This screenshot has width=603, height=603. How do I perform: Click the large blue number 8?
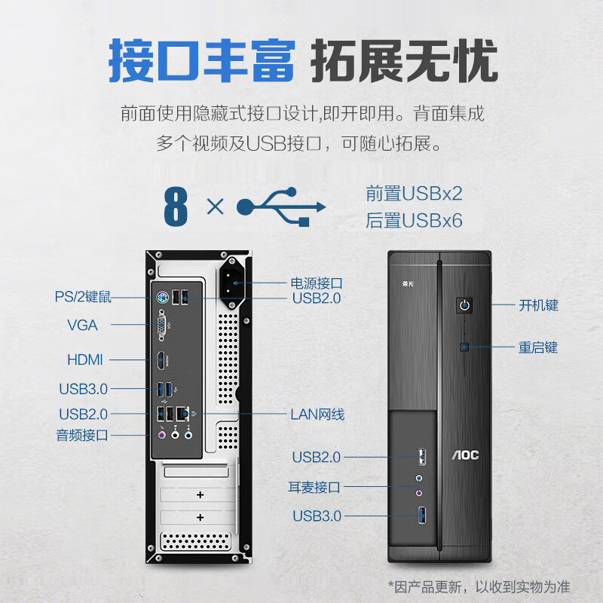point(175,207)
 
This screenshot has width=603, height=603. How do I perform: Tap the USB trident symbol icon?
point(280,207)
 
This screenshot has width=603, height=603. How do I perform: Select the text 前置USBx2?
point(414,193)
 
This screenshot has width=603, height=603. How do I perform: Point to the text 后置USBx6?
point(414,220)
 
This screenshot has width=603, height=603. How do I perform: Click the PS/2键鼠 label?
point(83,297)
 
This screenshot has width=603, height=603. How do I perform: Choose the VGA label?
point(82,325)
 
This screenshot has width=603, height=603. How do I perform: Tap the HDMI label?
point(84,360)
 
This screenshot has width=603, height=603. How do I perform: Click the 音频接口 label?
point(82,435)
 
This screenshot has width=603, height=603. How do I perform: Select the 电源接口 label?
point(317,283)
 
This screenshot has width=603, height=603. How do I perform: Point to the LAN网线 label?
point(317,414)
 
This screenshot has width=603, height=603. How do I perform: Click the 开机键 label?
point(538,305)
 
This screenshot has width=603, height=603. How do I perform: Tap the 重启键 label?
point(537,347)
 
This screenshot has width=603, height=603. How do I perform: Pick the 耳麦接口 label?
point(314,487)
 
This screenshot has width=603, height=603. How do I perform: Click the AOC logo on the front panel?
point(465,455)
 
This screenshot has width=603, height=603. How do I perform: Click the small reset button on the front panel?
point(465,347)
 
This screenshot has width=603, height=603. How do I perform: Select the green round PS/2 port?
point(161,298)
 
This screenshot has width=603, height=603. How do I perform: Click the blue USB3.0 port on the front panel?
point(421,516)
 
